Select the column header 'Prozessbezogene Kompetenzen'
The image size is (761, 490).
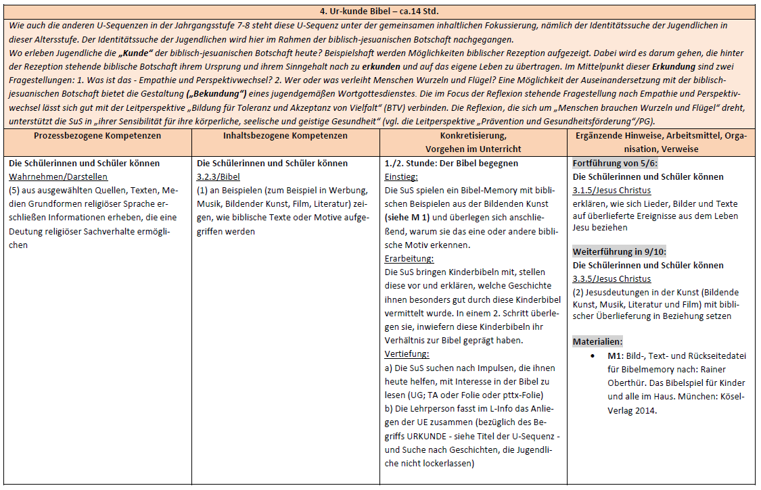(97, 135)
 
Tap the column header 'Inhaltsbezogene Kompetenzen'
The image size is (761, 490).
(285, 135)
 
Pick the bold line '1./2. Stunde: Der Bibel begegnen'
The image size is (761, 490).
(451, 163)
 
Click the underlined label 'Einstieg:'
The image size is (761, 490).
(402, 176)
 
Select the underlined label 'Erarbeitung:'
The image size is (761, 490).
(409, 258)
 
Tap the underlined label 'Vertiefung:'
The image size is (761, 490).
(407, 353)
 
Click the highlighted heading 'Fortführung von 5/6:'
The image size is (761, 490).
(615, 163)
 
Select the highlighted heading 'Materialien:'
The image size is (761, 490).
(597, 341)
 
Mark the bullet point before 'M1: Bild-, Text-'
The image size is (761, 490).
(593, 355)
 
